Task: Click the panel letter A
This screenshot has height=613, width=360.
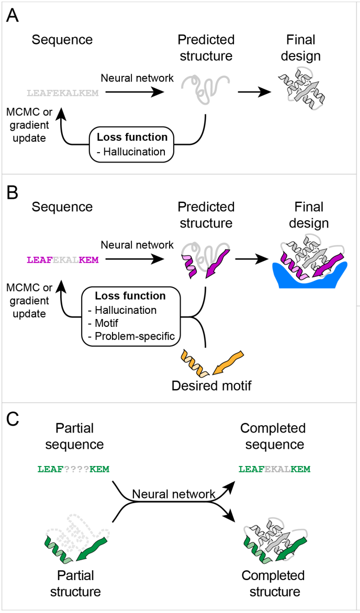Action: [x=12, y=16]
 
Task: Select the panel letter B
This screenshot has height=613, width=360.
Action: [x=12, y=193]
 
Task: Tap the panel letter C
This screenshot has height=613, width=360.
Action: [x=12, y=420]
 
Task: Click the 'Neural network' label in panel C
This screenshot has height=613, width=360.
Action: [x=174, y=494]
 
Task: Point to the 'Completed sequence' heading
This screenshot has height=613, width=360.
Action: [x=273, y=436]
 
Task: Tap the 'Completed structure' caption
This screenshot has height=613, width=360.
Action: [x=273, y=584]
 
